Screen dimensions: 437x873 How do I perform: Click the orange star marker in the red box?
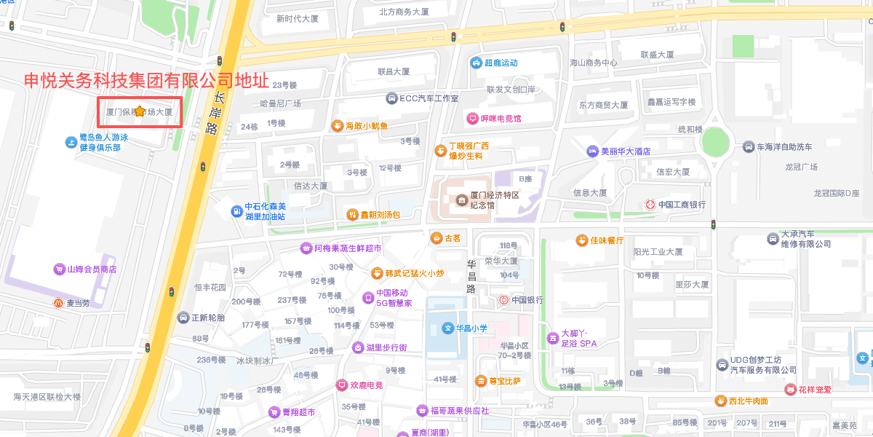(x=140, y=111)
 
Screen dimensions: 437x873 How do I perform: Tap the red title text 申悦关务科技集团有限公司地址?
(x=146, y=80)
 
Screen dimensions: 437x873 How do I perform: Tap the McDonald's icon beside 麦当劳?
(x=59, y=303)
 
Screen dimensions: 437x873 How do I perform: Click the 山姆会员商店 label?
(x=92, y=269)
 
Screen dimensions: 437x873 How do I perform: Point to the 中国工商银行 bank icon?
(x=650, y=205)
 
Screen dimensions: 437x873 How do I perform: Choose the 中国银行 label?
(x=527, y=300)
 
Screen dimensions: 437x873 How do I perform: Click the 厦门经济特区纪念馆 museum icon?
(x=461, y=200)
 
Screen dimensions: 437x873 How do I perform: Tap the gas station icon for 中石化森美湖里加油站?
(x=236, y=211)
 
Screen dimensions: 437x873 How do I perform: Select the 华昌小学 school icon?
(x=448, y=328)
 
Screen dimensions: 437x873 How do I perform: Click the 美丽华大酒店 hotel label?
(x=625, y=151)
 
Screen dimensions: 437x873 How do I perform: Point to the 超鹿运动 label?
(x=501, y=63)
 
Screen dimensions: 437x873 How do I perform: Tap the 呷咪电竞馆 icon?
(x=473, y=118)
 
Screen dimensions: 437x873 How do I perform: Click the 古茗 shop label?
(x=453, y=238)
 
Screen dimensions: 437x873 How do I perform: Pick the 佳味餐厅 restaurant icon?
(x=581, y=240)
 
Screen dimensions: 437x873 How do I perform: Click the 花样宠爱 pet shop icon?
(x=790, y=390)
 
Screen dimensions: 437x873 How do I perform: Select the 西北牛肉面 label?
(x=749, y=401)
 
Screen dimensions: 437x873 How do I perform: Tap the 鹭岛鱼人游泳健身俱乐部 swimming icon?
(x=71, y=142)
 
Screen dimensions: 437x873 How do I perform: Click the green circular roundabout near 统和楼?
(x=715, y=142)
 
